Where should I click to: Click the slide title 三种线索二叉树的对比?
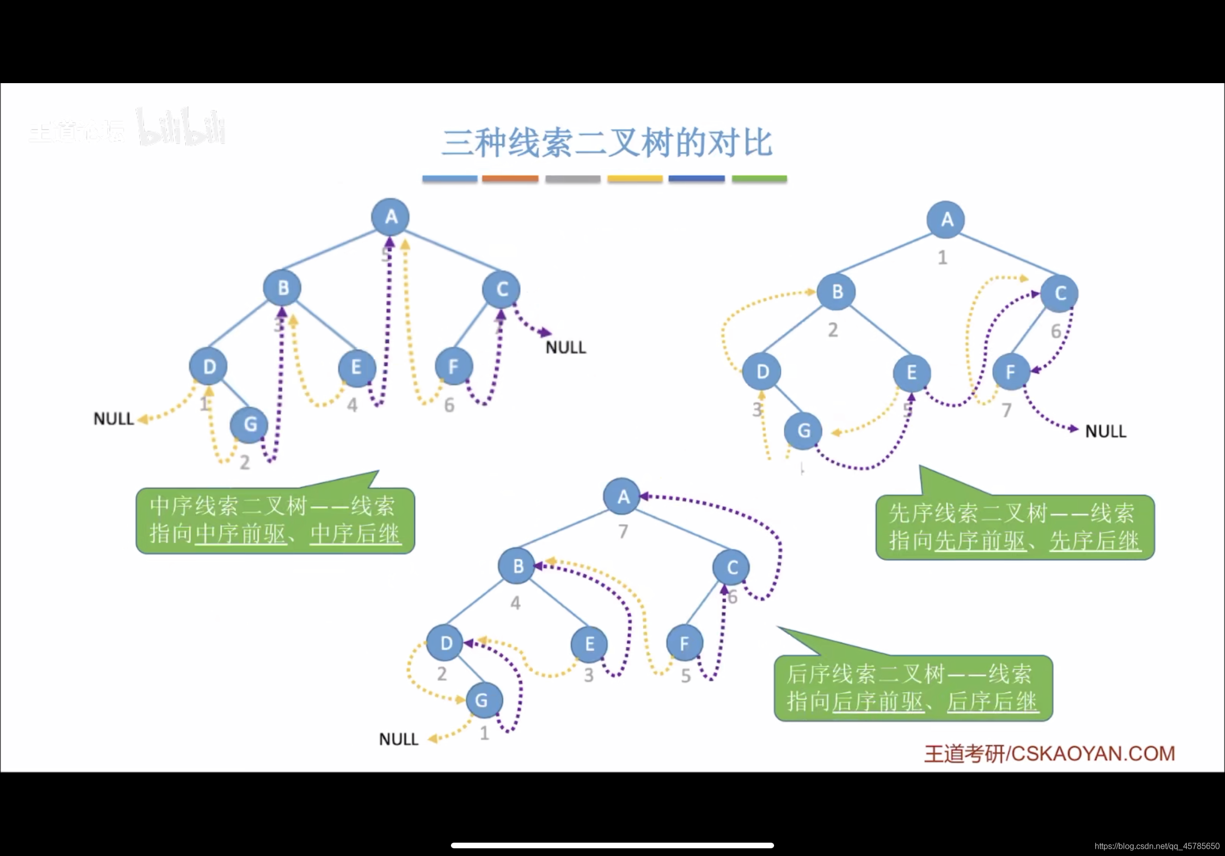607,143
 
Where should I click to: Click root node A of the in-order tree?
390,217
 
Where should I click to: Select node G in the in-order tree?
250,424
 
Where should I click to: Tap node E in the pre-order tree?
911,372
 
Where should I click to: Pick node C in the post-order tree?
732,567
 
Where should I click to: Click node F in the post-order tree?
684,643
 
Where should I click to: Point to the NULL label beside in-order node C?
565,347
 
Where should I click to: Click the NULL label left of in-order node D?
114,419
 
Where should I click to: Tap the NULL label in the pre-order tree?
1105,431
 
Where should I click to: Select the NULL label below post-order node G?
399,739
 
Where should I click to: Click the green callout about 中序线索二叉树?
275,520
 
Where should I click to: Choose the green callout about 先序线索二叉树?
1015,527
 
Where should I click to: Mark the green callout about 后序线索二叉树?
913,688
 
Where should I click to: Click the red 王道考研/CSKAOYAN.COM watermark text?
1050,753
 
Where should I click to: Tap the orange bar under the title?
510,179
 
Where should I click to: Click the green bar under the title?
759,179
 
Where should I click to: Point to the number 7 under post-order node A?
623,532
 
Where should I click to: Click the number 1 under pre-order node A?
943,258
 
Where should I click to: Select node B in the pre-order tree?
837,291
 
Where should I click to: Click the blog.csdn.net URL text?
1157,846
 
